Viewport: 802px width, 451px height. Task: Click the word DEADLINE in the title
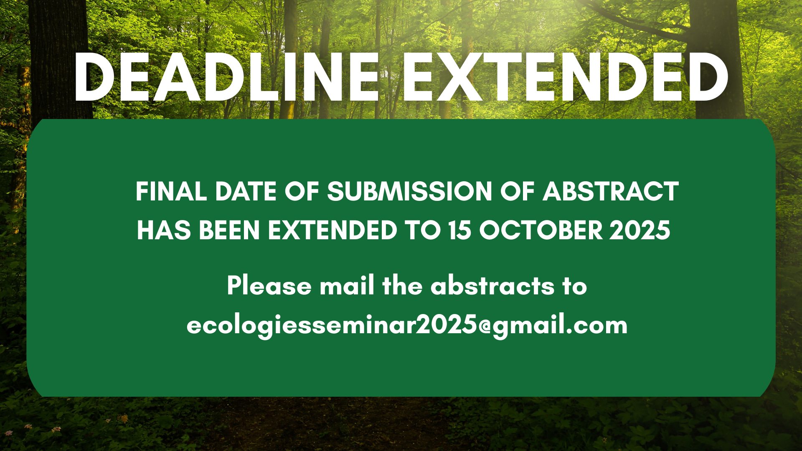coord(226,77)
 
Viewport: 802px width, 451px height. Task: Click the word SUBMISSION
coord(410,192)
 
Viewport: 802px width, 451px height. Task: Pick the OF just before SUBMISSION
coord(302,192)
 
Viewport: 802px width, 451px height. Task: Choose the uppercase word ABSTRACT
coord(610,192)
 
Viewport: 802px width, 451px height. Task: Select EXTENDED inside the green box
coord(332,230)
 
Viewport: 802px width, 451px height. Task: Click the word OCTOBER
coord(541,230)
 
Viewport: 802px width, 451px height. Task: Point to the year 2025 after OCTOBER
coord(640,230)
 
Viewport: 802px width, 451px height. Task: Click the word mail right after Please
coord(347,286)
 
